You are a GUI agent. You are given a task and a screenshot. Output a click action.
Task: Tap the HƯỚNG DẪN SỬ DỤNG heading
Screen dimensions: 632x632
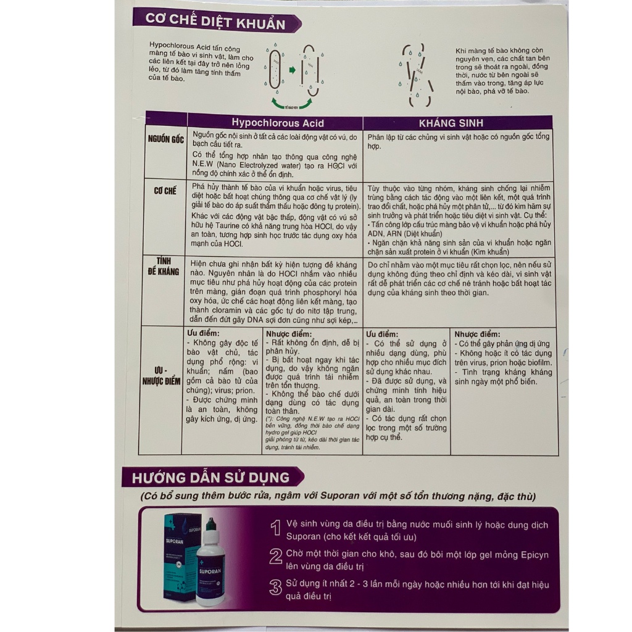point(210,477)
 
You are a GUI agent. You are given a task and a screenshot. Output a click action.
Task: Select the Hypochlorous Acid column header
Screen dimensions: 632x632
point(277,123)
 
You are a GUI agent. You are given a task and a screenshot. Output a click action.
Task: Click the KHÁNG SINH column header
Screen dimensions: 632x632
point(459,123)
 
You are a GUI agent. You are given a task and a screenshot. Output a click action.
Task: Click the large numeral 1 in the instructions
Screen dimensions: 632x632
point(276,528)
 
